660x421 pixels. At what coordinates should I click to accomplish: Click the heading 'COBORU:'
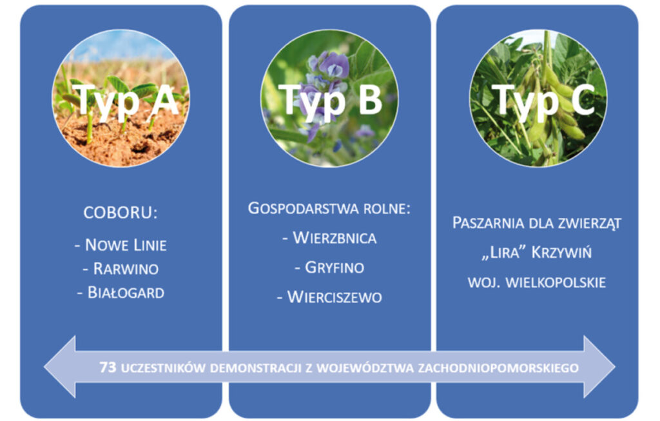tap(121, 213)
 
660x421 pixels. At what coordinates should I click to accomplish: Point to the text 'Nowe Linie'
tap(126, 245)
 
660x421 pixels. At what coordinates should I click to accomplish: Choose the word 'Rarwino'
tap(126, 269)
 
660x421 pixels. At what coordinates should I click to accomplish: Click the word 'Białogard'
tap(126, 293)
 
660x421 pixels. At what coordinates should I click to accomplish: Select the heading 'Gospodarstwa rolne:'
tap(329, 208)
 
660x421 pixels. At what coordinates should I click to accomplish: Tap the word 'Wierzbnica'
tap(335, 238)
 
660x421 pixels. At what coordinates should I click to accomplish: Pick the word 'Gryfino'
tap(335, 268)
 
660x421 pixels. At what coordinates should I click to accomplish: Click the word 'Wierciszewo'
tap(335, 297)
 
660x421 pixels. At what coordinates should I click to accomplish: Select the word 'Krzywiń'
tap(561, 253)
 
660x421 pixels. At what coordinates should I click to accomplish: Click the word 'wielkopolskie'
tap(556, 282)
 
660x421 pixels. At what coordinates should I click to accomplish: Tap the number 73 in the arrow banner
tap(108, 367)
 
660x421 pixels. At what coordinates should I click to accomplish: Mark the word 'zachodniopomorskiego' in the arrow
tap(498, 368)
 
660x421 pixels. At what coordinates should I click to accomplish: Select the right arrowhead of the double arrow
tap(599, 367)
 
